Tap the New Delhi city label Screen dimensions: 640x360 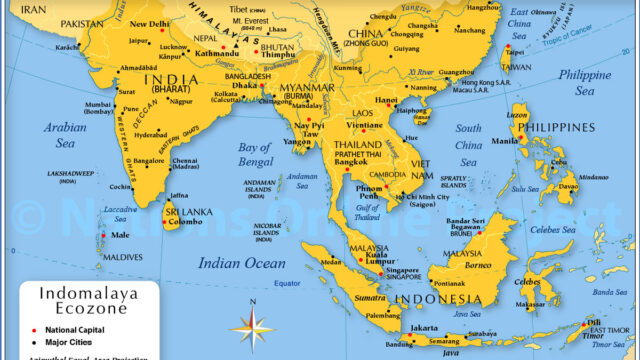[151, 24]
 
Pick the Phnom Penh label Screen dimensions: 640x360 [369, 192]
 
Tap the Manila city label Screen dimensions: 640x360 [504, 140]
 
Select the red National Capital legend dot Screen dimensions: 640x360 [34, 329]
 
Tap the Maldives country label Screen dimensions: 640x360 [123, 257]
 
